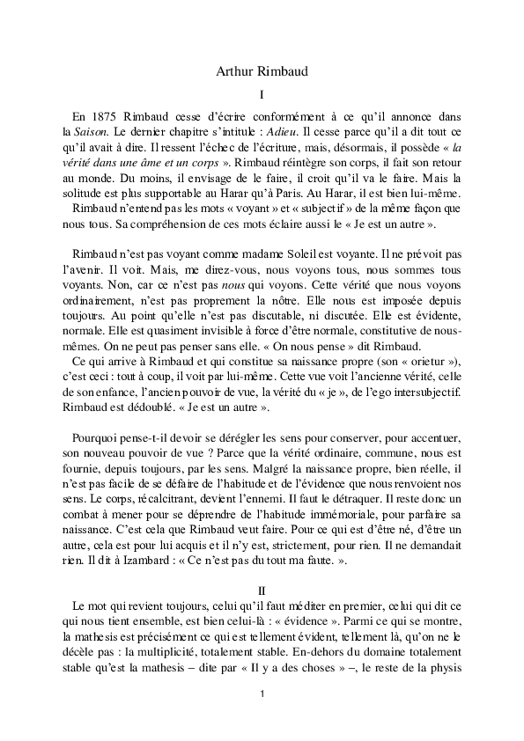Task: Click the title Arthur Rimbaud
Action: [262, 72]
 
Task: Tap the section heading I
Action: [262, 94]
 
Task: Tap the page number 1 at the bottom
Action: [262, 695]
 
